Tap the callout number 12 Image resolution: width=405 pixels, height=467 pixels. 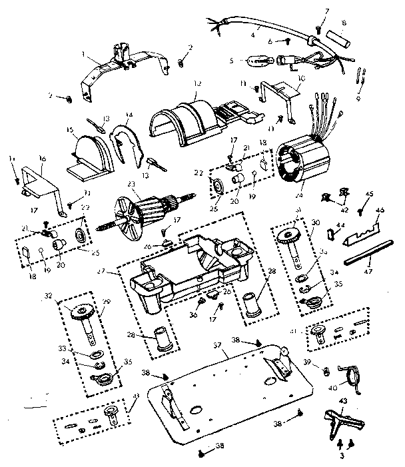pyautogui.click(x=197, y=85)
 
